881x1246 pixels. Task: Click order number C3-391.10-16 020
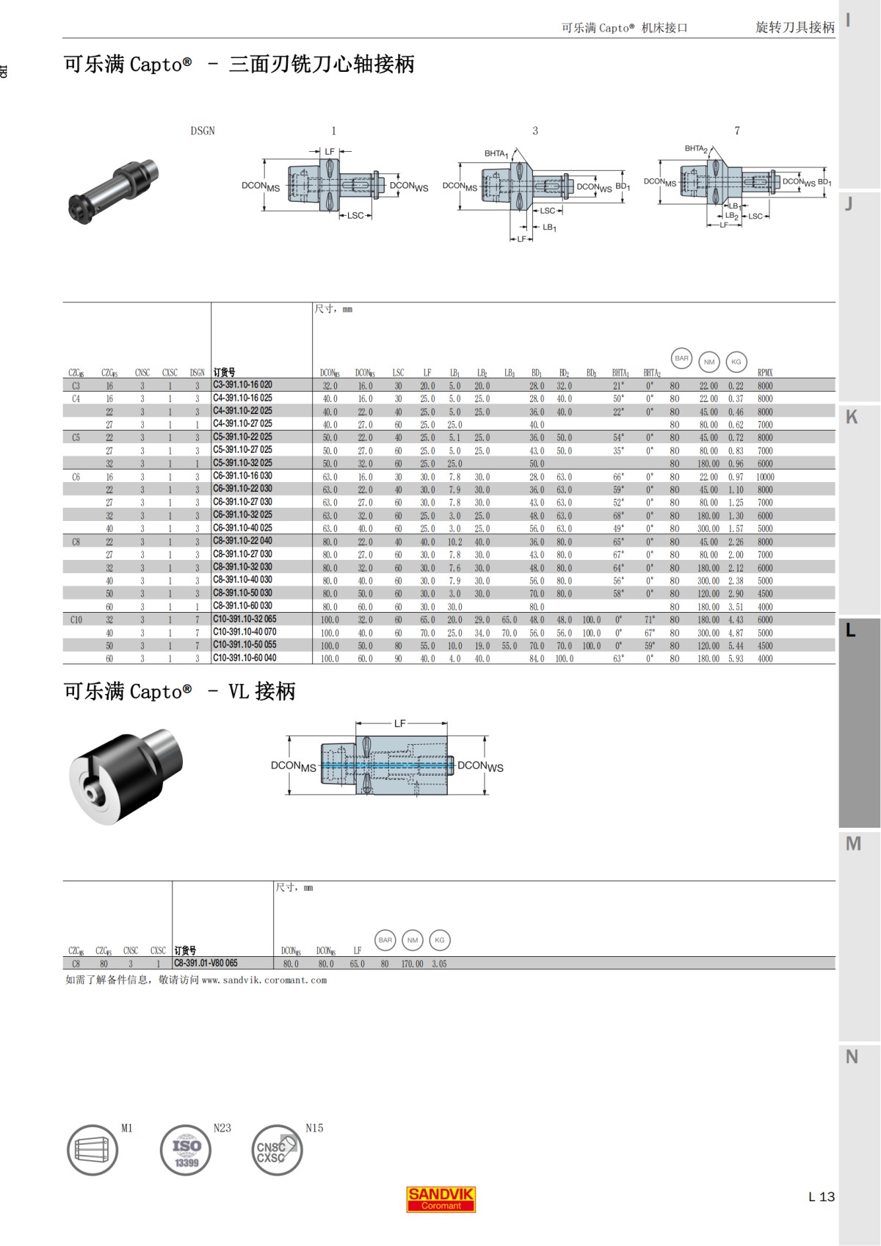point(242,385)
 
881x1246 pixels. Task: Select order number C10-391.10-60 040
point(244,658)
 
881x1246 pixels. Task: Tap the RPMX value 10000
point(765,477)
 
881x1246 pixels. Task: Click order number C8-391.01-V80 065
point(206,963)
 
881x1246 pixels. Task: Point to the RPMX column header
point(765,373)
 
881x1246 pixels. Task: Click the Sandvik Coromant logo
point(441,1199)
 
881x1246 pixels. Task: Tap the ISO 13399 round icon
point(186,1151)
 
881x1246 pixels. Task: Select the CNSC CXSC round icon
point(276,1151)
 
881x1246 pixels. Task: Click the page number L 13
point(821,1197)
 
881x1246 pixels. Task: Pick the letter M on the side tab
point(852,844)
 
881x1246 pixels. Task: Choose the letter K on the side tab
point(852,418)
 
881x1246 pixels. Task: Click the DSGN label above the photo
point(203,131)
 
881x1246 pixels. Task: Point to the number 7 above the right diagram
point(737,131)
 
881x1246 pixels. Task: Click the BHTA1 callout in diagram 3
point(496,153)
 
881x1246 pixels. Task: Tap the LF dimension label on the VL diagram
point(399,724)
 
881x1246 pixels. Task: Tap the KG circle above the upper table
point(736,361)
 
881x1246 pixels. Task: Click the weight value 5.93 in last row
point(736,659)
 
